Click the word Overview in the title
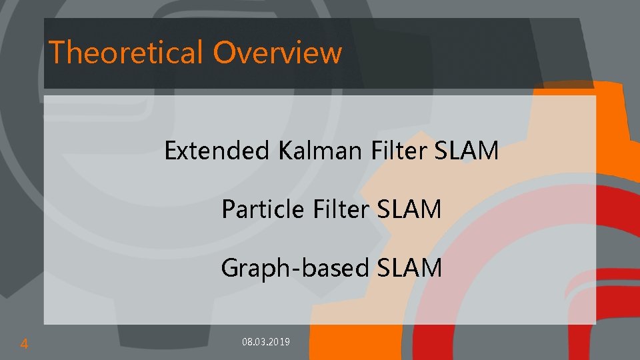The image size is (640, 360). coord(278,52)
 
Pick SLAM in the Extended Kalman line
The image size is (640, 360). coord(467,151)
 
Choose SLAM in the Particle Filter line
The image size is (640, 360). coord(409,210)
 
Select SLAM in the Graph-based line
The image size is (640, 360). coord(409,268)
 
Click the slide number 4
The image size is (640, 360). coord(24,344)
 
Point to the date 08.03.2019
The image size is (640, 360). coord(266,342)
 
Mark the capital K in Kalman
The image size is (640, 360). coord(285,151)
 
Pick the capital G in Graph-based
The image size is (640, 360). coord(231,268)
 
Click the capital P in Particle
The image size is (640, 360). coord(228,210)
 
